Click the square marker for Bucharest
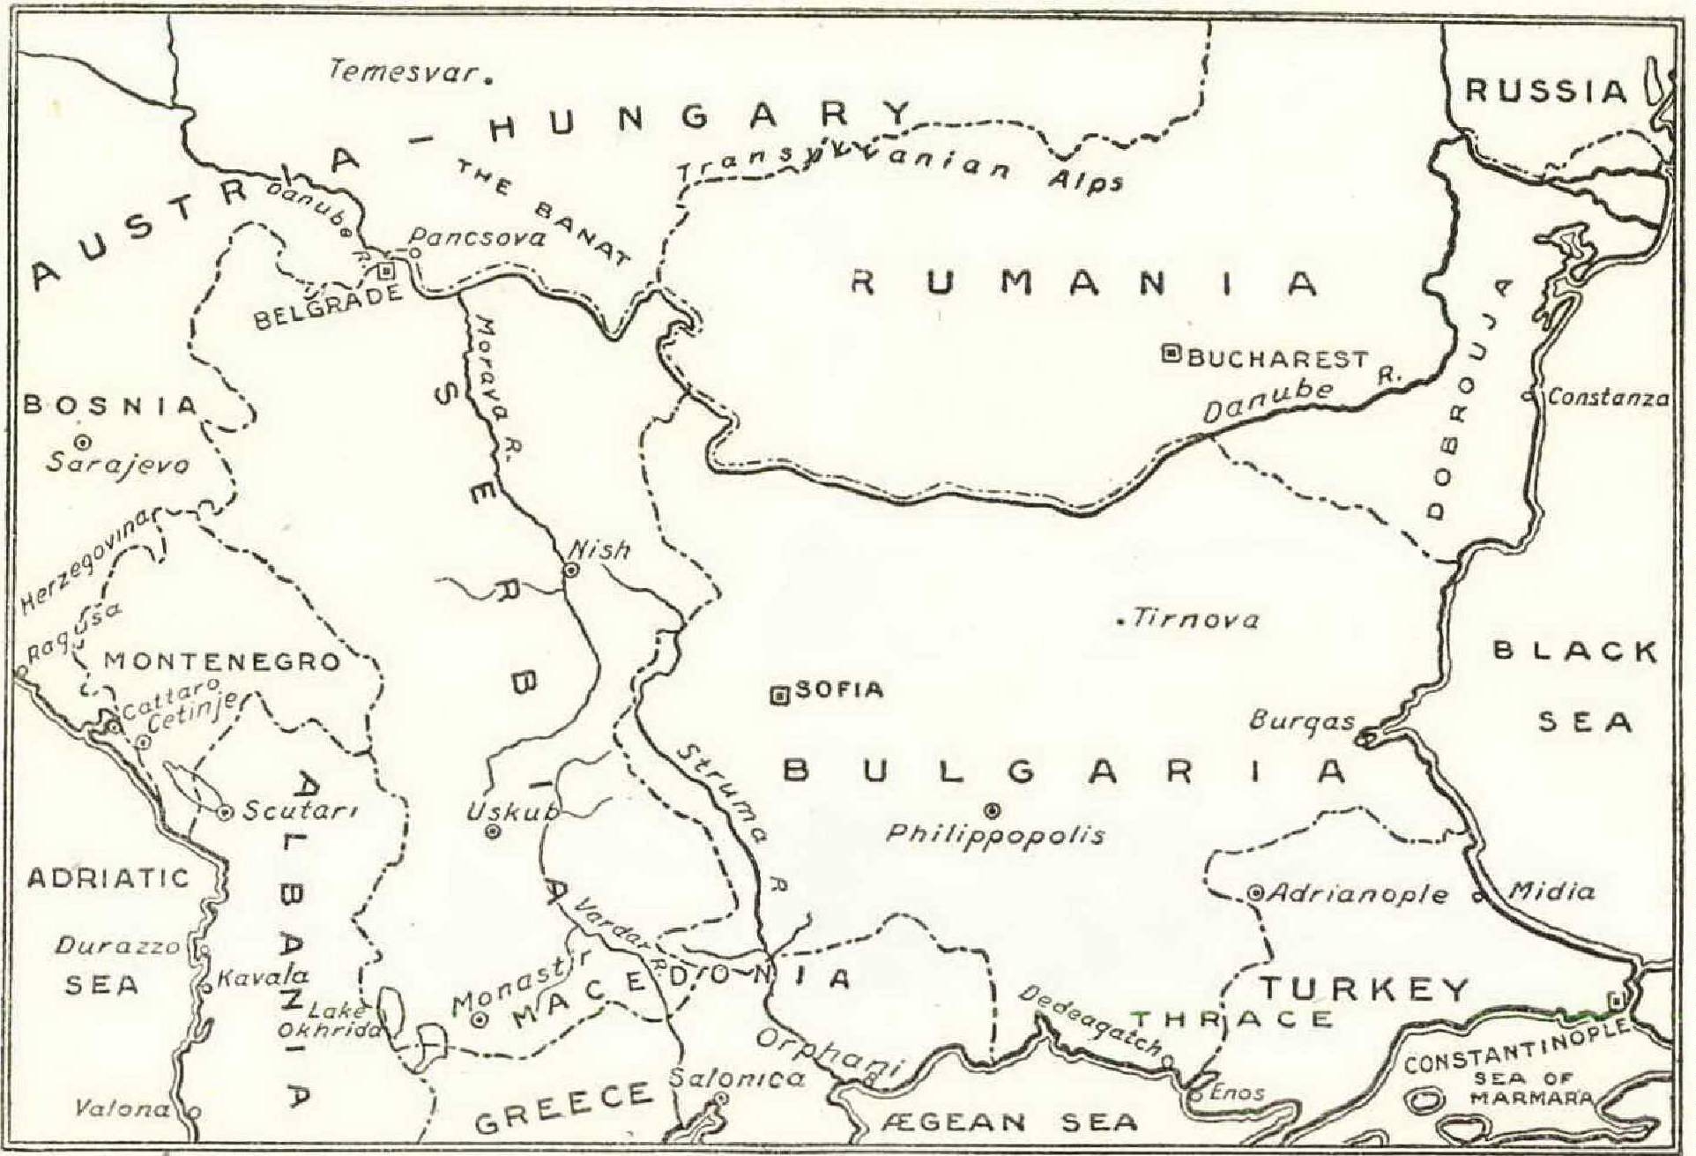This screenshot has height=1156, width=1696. point(1172,354)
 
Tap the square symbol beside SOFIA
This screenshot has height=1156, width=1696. point(779,696)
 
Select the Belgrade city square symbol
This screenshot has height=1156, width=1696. point(385,272)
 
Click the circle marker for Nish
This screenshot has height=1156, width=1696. point(571,571)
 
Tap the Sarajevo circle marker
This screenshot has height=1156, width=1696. point(85,441)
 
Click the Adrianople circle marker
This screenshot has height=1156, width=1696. point(1255,892)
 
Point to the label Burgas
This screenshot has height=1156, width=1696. point(1302,720)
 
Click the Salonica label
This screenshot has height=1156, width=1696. point(737,1077)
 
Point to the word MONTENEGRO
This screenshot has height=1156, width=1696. point(222,661)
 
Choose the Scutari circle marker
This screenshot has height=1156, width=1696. point(225,812)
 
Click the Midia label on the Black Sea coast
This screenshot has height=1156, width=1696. point(1552,891)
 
